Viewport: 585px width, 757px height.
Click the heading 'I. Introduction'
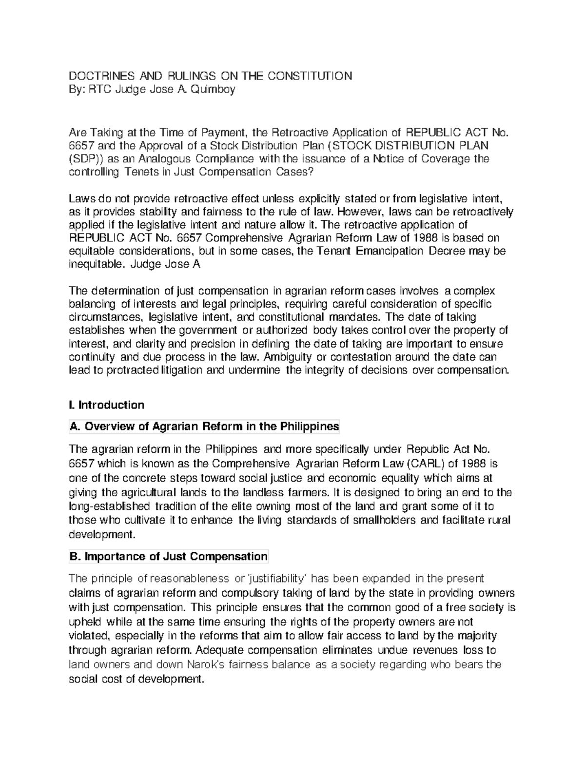[107, 405]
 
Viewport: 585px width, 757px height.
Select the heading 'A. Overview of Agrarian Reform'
[204, 427]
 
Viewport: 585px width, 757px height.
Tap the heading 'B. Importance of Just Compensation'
[169, 556]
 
